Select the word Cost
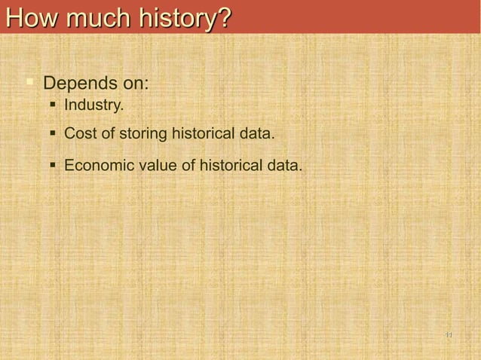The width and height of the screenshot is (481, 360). coord(79,134)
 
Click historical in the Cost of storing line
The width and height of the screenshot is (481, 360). coord(203,134)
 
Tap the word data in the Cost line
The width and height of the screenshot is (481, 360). coord(256,134)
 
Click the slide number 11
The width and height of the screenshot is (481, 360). coord(449,335)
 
